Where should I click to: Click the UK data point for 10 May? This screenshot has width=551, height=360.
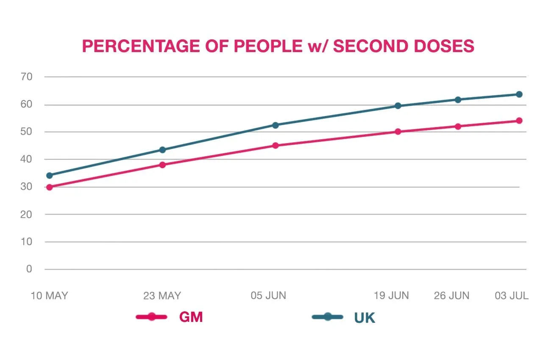50,175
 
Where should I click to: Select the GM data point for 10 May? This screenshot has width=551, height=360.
50,187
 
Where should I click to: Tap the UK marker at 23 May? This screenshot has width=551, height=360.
162,150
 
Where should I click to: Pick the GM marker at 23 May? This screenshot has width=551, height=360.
162,165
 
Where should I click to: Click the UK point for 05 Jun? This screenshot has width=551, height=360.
275,125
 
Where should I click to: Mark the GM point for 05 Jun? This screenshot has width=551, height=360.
275,146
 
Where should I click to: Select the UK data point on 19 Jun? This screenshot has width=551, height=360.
398,105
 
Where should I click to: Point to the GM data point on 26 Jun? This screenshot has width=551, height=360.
458,126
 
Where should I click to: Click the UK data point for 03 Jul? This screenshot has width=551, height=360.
519,94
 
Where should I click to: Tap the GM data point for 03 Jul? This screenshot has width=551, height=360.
519,121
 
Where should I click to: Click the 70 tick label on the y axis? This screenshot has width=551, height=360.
26,77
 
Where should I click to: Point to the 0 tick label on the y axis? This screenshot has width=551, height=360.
29,269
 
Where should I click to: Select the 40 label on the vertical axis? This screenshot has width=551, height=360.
26,159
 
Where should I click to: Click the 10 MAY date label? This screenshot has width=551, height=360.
49,296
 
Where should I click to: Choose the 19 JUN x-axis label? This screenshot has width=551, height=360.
391,296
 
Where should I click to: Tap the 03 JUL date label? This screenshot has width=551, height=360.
512,296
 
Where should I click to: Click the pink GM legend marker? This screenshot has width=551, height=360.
152,316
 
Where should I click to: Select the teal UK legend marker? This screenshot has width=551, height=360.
328,316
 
